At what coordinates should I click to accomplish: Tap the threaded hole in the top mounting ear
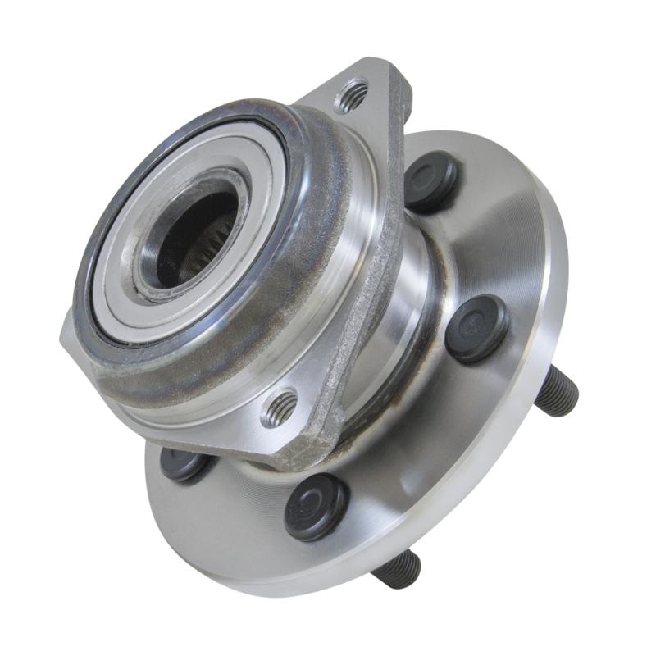[353, 98]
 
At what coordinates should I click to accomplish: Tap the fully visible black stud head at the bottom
[316, 507]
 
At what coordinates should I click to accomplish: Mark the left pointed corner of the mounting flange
[66, 336]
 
